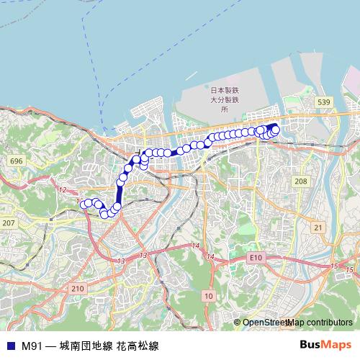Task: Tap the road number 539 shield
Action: [324, 103]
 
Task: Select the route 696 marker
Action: [17, 161]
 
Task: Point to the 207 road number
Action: [9, 224]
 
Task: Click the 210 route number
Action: [78, 288]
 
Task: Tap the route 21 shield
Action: [318, 227]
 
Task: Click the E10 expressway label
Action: [253, 256]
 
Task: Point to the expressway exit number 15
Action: [333, 266]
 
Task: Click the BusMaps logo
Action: [325, 345]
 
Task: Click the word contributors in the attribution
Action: [328, 323]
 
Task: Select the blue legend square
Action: [10, 346]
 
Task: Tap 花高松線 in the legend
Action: [137, 346]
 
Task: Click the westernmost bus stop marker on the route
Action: [84, 204]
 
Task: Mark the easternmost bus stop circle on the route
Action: [275, 129]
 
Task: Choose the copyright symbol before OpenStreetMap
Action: [238, 323]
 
